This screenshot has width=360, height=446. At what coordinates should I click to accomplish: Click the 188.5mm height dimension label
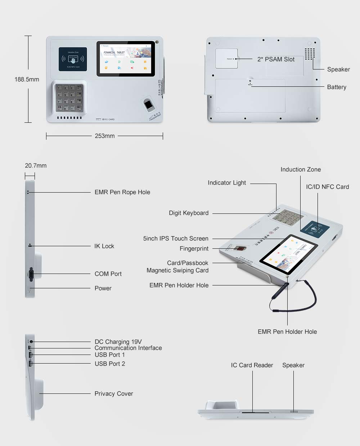[x=27, y=79]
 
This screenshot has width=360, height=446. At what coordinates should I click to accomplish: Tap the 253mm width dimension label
[x=105, y=136]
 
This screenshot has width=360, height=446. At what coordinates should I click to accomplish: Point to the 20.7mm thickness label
[x=36, y=166]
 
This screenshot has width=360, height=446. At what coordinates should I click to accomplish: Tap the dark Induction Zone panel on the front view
[x=73, y=59]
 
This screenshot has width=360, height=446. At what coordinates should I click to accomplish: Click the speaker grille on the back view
[x=310, y=54]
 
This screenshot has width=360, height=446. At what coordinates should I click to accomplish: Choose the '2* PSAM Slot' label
[x=276, y=59]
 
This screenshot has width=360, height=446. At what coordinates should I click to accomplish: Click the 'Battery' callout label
[x=337, y=87]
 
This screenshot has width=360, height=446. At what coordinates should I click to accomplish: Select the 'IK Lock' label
[x=104, y=246]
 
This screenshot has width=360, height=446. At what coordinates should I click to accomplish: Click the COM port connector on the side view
[x=31, y=275]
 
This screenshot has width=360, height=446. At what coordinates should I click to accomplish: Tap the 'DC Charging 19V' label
[x=118, y=342]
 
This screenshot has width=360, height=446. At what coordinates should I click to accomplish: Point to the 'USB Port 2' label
[x=110, y=364]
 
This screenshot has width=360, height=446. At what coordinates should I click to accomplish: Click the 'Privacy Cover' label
[x=114, y=393]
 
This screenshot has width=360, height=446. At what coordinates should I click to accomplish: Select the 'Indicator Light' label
[x=227, y=183]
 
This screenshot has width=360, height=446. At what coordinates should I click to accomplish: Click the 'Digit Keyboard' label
[x=189, y=213]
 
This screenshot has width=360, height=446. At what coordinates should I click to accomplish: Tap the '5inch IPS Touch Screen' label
[x=176, y=238]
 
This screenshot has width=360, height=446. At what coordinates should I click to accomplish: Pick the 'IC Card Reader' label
[x=252, y=365]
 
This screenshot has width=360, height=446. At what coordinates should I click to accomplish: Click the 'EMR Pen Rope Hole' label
[x=122, y=192]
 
